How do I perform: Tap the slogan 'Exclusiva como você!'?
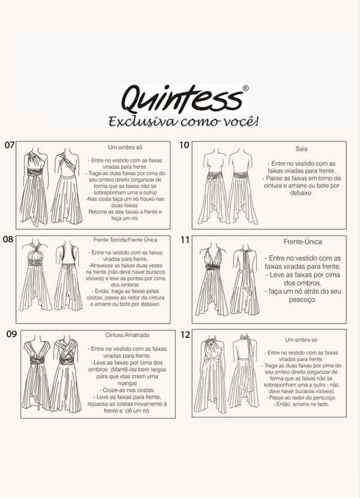184,122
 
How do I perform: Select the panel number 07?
9,145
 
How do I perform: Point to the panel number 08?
8,239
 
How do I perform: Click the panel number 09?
11,334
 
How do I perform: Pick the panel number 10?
185,145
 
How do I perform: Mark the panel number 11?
185,240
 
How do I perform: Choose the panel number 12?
185,334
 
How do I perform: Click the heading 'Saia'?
301,149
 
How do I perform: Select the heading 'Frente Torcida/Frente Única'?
125,240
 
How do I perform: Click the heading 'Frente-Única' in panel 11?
303,242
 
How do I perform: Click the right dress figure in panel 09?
66,375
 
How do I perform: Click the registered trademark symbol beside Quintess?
245,88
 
